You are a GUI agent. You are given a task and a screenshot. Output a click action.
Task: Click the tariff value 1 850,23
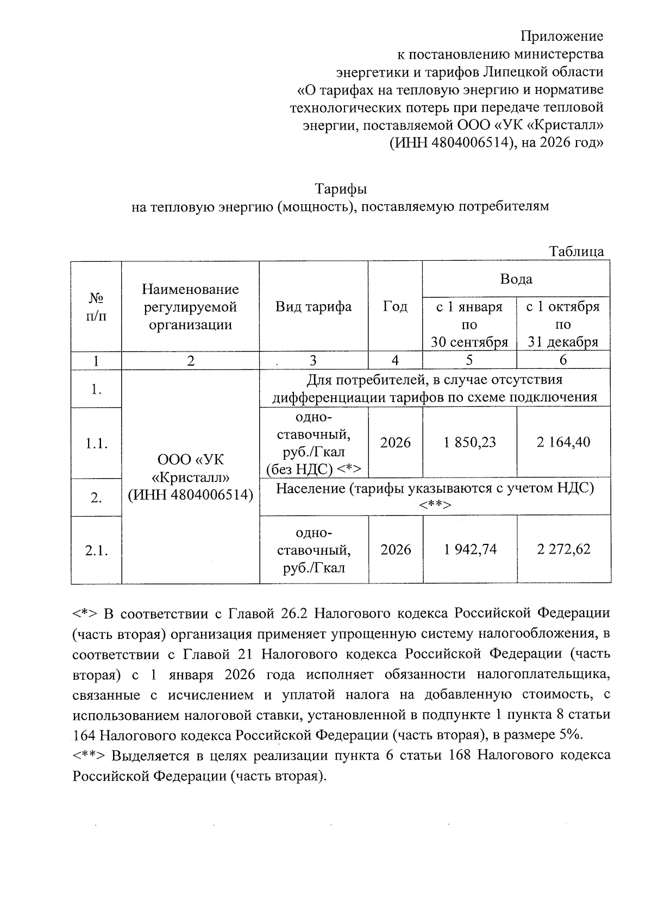coord(469,442)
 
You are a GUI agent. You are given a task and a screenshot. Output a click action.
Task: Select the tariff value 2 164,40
coord(563,442)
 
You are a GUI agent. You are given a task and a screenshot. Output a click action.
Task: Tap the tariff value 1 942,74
coord(469,550)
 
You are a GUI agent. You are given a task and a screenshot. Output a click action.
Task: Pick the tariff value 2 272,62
coord(563,550)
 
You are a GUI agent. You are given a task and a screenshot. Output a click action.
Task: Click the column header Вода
coord(516,279)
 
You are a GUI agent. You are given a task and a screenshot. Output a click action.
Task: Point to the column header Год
coord(395,306)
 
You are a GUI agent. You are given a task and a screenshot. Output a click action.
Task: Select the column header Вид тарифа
coord(314,306)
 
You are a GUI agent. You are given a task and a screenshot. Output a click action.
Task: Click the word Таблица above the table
coord(576,252)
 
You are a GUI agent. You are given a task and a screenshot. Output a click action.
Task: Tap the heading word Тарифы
coord(341,189)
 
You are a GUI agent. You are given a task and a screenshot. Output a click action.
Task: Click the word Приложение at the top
coord(562,36)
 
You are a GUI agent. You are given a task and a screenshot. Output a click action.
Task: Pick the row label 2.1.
coord(96,550)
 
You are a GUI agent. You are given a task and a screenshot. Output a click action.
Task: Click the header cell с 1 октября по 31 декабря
coord(563,324)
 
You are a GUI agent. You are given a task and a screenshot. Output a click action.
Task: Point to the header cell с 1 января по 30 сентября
coord(469,324)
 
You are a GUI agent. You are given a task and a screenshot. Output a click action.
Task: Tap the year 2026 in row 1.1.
coord(395,442)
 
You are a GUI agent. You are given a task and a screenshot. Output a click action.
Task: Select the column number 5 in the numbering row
coord(469,360)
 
